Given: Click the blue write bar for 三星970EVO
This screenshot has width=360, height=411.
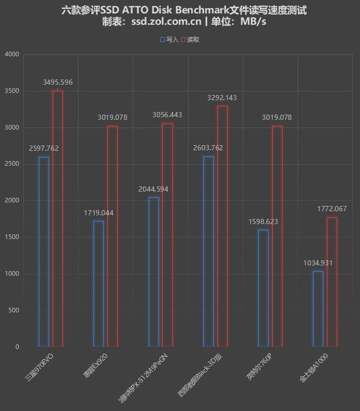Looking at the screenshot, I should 44,251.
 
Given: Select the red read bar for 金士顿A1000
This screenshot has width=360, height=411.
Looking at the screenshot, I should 331,282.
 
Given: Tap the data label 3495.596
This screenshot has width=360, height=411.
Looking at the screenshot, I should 57,82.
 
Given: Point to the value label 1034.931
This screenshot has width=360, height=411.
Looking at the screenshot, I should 318,263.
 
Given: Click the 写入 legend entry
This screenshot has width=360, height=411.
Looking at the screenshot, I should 169,40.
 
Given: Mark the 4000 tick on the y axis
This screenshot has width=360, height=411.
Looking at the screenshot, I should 11,55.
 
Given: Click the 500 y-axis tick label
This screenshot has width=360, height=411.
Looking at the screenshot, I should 13,310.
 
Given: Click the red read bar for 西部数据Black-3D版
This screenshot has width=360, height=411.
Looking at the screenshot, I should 222,226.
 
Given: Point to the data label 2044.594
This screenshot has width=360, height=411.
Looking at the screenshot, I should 153,189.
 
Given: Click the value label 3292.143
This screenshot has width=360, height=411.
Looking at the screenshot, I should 222,97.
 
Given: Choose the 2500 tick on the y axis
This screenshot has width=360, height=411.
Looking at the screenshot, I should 11,164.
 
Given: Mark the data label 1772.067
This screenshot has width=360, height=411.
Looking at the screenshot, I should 332,209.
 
